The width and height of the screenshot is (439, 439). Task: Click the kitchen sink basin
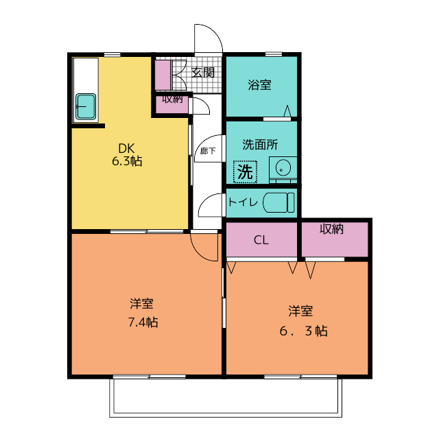pyautogui.click(x=86, y=106)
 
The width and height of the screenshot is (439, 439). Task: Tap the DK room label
pyautogui.click(x=126, y=148)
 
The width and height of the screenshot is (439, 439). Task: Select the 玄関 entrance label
pyautogui.click(x=203, y=73)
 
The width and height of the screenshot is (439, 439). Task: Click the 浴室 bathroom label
pyautogui.click(x=259, y=85)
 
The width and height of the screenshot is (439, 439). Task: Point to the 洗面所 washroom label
pyautogui.click(x=260, y=145)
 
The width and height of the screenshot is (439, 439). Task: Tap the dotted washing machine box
pyautogui.click(x=246, y=171)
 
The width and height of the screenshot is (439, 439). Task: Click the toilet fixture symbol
pyautogui.click(x=278, y=202)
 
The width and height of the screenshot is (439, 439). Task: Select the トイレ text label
pyautogui.click(x=243, y=202)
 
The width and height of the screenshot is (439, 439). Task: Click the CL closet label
pyautogui.click(x=261, y=240)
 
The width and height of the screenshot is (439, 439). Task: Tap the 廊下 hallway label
pyautogui.click(x=208, y=151)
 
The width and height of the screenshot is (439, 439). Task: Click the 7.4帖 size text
pyautogui.click(x=143, y=322)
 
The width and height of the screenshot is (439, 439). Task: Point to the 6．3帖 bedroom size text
pyautogui.click(x=303, y=331)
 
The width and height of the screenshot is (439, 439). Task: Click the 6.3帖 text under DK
pyautogui.click(x=127, y=161)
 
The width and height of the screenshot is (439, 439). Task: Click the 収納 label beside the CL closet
pyautogui.click(x=331, y=229)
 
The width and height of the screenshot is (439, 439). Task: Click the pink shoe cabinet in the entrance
pyautogui.click(x=163, y=75)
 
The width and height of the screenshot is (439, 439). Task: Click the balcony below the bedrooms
pyautogui.click(x=226, y=398)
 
